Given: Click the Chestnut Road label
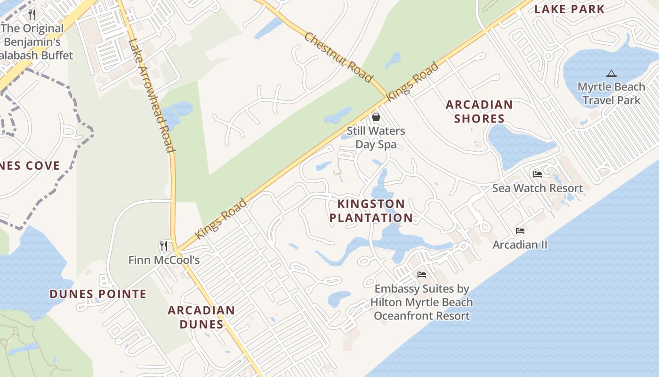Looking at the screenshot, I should pyautogui.click(x=338, y=57).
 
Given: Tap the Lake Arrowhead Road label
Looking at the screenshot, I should pyautogui.click(x=152, y=96).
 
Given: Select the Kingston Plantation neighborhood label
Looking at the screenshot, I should pyautogui.click(x=371, y=211).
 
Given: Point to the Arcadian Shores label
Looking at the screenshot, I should pyautogui.click(x=479, y=111).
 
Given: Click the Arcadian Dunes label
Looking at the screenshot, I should pyautogui.click(x=201, y=317).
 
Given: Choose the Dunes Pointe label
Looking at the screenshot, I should pyautogui.click(x=98, y=295).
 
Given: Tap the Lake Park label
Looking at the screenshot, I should pyautogui.click(x=569, y=9).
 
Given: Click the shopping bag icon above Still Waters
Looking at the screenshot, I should pyautogui.click(x=376, y=116).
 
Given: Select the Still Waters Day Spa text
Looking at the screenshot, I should pyautogui.click(x=376, y=137).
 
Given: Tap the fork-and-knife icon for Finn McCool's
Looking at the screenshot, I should pyautogui.click(x=163, y=246).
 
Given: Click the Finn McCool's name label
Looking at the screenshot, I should pyautogui.click(x=164, y=260).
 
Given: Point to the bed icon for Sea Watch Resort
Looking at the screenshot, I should pyautogui.click(x=537, y=174).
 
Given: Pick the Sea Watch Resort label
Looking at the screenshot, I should pyautogui.click(x=538, y=188).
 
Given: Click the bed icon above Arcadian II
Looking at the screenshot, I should pyautogui.click(x=520, y=230).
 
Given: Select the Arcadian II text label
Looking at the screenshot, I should pyautogui.click(x=520, y=245).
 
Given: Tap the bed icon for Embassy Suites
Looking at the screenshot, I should pyautogui.click(x=422, y=274).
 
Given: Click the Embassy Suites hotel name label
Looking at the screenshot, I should pyautogui.click(x=422, y=302).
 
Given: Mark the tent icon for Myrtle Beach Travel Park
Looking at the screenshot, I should pyautogui.click(x=611, y=74).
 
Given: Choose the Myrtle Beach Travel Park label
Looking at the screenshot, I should pyautogui.click(x=611, y=93).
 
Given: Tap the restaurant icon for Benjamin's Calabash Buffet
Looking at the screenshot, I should pyautogui.click(x=32, y=14).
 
